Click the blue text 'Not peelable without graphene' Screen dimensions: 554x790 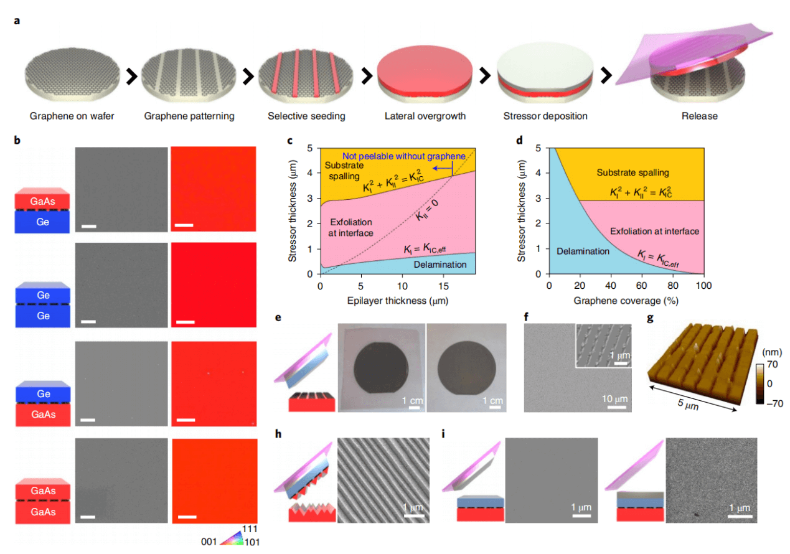coord(404,156)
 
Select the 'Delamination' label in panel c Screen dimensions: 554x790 coord(440,265)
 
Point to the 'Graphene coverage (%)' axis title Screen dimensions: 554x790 coord(626,300)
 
